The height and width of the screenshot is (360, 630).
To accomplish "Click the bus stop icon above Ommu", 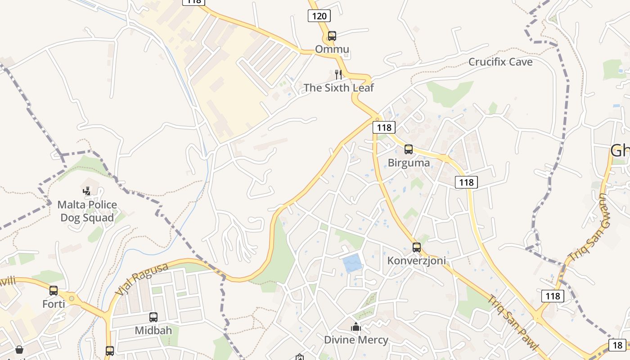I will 332,36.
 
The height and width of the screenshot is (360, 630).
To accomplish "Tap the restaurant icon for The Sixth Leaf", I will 338,74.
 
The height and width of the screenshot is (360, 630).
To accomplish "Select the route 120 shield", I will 319,16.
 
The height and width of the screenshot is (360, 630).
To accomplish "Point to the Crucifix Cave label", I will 500,62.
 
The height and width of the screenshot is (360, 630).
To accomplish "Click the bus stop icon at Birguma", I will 408,149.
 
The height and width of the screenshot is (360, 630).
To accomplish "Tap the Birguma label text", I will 409,163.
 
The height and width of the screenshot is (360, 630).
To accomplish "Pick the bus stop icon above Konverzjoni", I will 417,247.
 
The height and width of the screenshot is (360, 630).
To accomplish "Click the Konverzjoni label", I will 417,261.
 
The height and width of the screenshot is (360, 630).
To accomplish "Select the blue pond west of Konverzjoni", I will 352,263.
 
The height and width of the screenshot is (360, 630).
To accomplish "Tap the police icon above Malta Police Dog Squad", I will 87,191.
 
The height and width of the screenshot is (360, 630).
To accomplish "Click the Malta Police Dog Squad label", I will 87,211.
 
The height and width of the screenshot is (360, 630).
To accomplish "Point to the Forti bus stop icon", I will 54,290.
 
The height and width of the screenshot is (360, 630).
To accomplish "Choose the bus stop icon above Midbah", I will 153,317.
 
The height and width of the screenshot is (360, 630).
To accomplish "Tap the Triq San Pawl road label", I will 513,322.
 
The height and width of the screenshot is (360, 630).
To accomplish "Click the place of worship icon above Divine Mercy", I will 356,326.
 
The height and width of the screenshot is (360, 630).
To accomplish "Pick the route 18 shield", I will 617,345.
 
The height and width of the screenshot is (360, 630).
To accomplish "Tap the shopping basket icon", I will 19,350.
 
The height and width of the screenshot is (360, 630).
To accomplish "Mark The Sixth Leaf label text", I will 338,88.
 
